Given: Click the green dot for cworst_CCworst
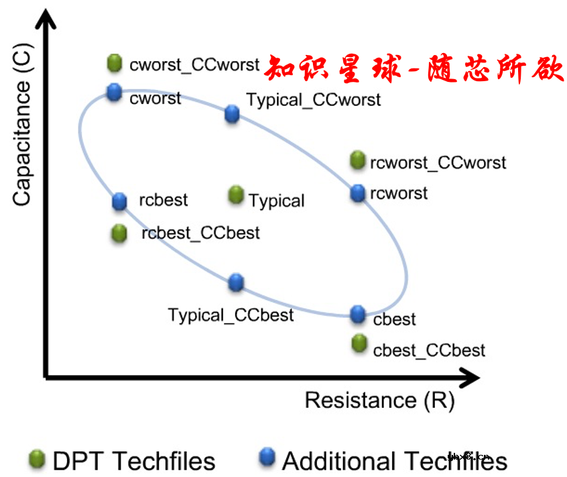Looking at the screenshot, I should [115, 63].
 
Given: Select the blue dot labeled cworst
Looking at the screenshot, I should [115, 92].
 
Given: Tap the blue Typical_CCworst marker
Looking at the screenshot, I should [232, 113].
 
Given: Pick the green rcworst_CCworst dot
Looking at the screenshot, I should [358, 160].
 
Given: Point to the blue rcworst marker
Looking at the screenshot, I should [358, 193].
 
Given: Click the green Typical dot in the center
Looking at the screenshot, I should [235, 195].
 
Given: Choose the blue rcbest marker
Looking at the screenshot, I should [120, 200].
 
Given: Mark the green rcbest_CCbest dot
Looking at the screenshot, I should [120, 233].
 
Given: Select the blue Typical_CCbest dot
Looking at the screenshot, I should [235, 282].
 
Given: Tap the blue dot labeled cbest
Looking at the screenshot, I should [359, 313].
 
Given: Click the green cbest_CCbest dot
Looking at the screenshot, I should [359, 343].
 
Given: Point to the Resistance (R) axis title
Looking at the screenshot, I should [379, 401].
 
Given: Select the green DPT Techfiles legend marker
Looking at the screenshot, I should [37, 460].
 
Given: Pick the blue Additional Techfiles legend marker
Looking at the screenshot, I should [267, 458].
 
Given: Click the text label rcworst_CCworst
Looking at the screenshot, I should [438, 162].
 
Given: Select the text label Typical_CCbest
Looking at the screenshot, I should [231, 315].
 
